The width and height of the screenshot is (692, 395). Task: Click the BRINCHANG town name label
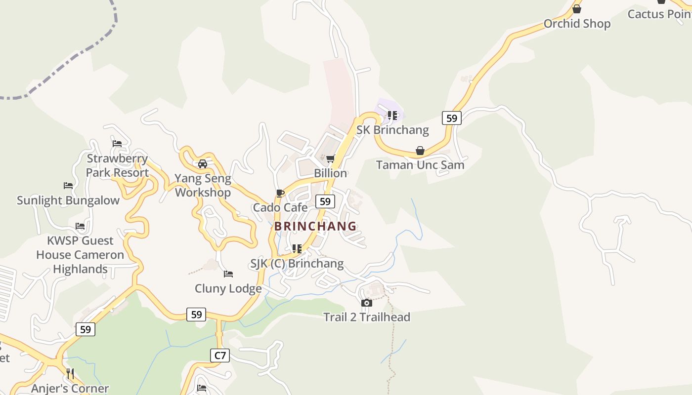pos(315,226)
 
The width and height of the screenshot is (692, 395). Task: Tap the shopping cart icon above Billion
pos(330,158)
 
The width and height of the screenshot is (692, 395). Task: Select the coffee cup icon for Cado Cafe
pos(280,193)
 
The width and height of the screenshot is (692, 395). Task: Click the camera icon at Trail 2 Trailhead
pos(366,303)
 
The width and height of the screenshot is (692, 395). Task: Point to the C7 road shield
pos(220,355)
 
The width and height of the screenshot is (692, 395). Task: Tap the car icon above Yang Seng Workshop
pos(202,164)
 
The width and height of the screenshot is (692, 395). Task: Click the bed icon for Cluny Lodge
pos(228,274)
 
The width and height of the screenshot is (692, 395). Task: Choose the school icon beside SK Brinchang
pos(392,116)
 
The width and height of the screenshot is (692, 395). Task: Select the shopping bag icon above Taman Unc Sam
pos(420,151)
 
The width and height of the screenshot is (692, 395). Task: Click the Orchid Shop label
pos(577,24)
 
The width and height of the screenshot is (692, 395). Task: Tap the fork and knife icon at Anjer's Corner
pos(70,374)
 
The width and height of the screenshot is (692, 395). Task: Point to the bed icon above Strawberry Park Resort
pos(117,144)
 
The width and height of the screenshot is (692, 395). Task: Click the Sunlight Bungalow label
pos(68,200)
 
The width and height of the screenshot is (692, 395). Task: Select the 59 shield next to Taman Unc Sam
pos(451,118)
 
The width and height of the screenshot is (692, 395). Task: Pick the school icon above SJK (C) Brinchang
pos(297,249)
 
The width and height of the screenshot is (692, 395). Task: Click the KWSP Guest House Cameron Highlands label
pos(80,255)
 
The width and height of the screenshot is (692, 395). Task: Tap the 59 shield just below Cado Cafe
pos(325,201)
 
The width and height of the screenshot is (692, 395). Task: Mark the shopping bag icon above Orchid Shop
pos(576,9)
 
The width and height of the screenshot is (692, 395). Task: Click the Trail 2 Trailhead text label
pos(367,317)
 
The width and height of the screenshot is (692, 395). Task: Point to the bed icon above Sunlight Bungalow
pos(68,186)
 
